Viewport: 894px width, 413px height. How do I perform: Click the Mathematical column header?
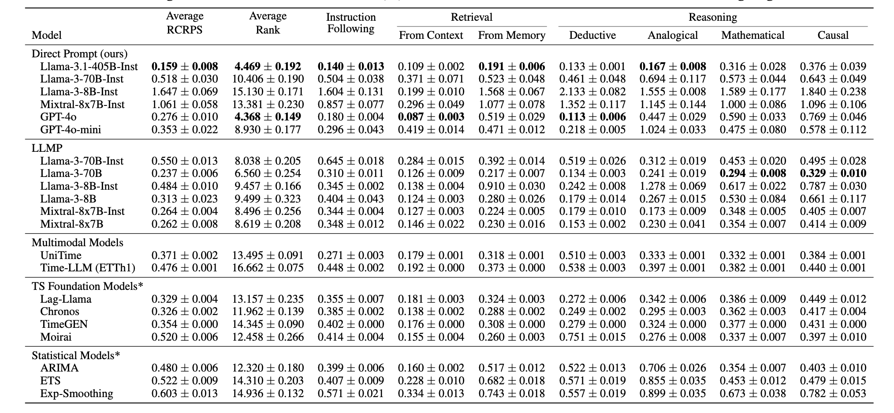pos(753,35)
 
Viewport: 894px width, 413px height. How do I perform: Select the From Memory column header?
pos(512,35)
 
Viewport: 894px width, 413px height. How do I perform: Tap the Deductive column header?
pos(592,35)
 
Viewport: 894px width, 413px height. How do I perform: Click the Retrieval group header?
pos(472,17)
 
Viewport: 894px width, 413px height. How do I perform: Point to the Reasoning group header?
pos(713,17)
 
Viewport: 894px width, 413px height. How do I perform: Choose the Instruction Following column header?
pos(351,23)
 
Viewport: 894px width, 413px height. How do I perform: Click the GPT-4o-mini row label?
pos(71,130)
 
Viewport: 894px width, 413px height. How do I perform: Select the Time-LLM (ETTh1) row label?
pos(88,268)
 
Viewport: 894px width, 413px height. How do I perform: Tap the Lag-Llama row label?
pos(66,299)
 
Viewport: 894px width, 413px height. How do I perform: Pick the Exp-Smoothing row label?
pos(77,394)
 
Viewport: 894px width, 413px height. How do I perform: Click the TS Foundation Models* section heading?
pos(87,286)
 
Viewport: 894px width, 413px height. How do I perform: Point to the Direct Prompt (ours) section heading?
pos(79,54)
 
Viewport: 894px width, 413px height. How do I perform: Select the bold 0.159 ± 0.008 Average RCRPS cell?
pos(185,67)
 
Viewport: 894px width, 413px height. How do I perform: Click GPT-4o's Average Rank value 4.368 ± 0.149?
pos(268,117)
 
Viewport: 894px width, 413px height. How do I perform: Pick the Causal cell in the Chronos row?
pos(833,312)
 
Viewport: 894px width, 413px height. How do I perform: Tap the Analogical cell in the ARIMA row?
pos(673,368)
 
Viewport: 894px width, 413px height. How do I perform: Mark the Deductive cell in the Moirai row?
pos(592,337)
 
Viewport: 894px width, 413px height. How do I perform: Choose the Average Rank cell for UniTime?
pos(268,255)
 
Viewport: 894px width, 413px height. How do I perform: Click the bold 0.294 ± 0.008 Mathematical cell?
pos(753,173)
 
